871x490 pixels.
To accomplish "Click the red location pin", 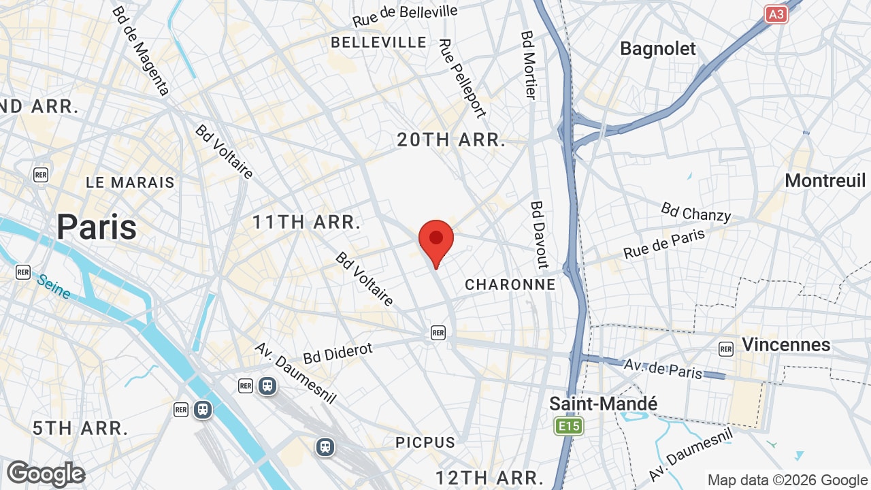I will click(x=436, y=240).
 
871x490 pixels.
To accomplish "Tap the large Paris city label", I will click(x=97, y=227).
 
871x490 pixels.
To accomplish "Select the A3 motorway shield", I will click(x=776, y=14).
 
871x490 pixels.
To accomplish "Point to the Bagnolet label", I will click(x=658, y=49).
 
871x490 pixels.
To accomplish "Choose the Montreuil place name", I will click(x=825, y=180).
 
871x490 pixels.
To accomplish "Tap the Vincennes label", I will click(x=786, y=344).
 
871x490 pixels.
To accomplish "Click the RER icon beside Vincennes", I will click(x=726, y=349).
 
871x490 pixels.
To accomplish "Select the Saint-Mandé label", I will click(x=604, y=404).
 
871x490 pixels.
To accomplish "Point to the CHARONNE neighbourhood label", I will click(x=510, y=284).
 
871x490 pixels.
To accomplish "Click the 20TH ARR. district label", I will click(x=452, y=141).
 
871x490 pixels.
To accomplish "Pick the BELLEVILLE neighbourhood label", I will click(x=378, y=42).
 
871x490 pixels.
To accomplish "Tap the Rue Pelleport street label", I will click(x=463, y=78).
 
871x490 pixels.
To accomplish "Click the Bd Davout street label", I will click(x=540, y=234).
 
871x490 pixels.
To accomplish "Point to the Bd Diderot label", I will click(x=338, y=353).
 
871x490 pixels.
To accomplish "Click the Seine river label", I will click(x=54, y=287).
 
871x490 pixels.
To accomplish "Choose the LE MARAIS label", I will click(x=130, y=182).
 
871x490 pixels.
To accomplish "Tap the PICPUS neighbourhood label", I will click(x=425, y=442).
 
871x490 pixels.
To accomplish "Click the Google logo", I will click(x=46, y=474).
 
